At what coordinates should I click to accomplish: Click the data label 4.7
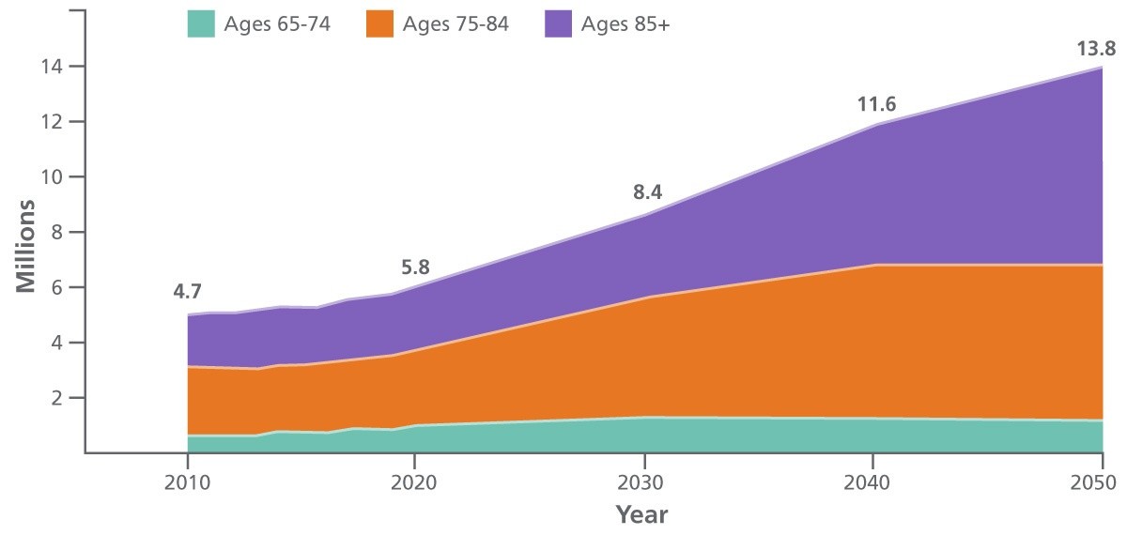(189, 291)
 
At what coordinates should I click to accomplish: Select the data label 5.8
(414, 267)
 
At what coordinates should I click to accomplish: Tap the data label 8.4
(647, 193)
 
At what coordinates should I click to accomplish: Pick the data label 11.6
(876, 104)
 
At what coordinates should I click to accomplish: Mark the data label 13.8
(1095, 46)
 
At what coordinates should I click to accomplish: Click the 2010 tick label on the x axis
(188, 483)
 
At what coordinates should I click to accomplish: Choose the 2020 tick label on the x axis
(415, 483)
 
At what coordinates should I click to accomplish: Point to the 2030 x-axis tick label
(643, 483)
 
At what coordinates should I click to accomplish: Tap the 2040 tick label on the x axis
(872, 483)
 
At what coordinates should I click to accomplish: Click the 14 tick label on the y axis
(51, 67)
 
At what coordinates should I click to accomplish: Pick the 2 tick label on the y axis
(55, 398)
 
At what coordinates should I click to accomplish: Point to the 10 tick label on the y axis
(51, 177)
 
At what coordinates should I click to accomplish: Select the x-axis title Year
(641, 514)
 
